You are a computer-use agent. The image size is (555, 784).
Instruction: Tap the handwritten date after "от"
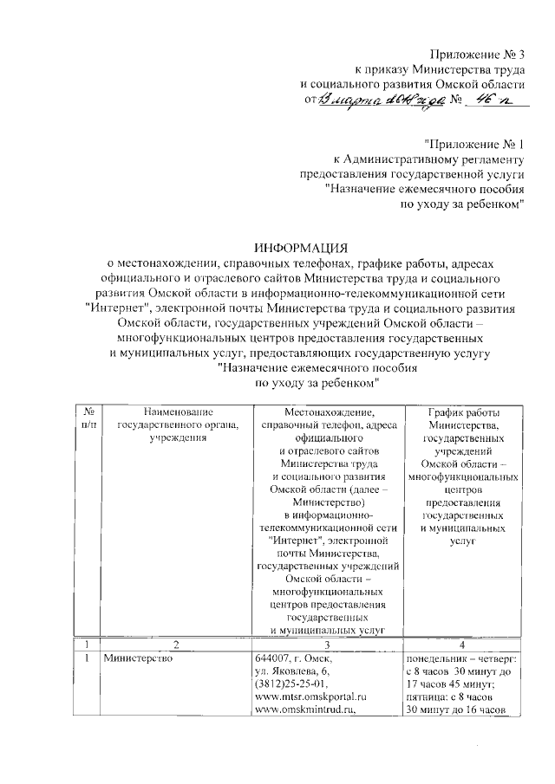click(381, 102)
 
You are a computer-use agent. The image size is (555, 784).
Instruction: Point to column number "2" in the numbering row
click(175, 645)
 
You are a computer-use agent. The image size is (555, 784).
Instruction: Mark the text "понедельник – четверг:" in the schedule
click(462, 659)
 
